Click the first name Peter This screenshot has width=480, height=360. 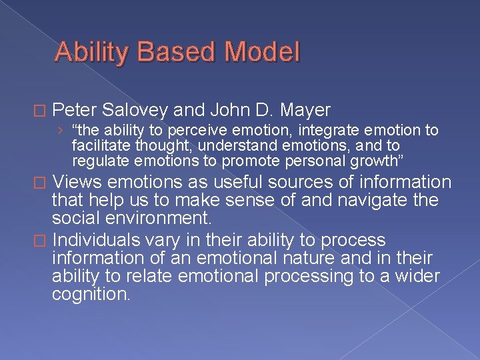pos(75,109)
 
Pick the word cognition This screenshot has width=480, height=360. pos(91,294)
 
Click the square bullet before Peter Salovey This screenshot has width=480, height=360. pos(45,110)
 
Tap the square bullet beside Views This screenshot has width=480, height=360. pos(45,183)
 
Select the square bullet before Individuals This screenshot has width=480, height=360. pos(45,240)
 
